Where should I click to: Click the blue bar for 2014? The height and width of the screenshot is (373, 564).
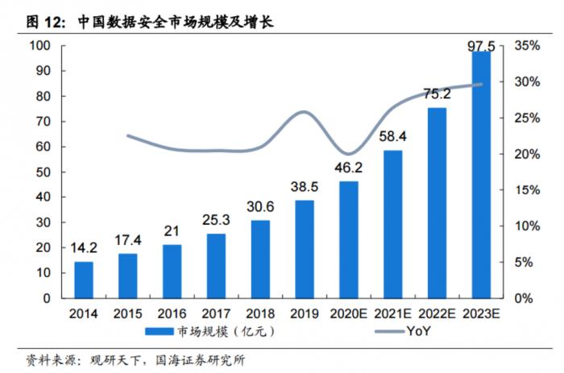pyautogui.click(x=84, y=280)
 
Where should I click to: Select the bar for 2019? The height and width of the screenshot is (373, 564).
pyautogui.click(x=305, y=249)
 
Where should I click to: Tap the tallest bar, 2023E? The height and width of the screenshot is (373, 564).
pyautogui.click(x=481, y=175)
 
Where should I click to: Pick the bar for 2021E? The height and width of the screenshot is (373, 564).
pyautogui.click(x=393, y=225)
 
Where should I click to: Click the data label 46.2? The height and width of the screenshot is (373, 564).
pyautogui.click(x=348, y=168)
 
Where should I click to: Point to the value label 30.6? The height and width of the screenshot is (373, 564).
pyautogui.click(x=260, y=206)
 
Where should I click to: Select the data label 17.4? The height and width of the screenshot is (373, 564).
pyautogui.click(x=128, y=240)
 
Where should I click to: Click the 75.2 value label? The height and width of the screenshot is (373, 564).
pyautogui.click(x=437, y=94)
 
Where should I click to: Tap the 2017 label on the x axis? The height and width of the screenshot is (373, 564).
pyautogui.click(x=216, y=313)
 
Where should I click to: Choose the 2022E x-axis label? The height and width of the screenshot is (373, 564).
pyautogui.click(x=437, y=313)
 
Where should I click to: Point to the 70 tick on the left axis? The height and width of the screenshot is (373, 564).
pyautogui.click(x=44, y=122)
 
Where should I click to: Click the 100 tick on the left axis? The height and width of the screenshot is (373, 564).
pyautogui.click(x=39, y=46)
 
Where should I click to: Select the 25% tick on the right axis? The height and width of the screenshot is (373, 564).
pyautogui.click(x=527, y=118)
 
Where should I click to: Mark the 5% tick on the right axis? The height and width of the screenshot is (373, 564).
pyautogui.click(x=524, y=262)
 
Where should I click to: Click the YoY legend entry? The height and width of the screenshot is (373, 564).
pyautogui.click(x=403, y=331)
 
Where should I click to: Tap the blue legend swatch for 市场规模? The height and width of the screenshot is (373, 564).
pyautogui.click(x=160, y=331)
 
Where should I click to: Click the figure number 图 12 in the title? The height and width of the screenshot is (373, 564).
pyautogui.click(x=46, y=23)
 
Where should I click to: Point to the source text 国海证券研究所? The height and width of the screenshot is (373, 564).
pyautogui.click(x=200, y=360)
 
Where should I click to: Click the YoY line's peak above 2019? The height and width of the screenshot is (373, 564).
pyautogui.click(x=304, y=112)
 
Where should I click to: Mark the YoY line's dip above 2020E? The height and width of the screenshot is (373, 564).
pyautogui.click(x=348, y=154)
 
